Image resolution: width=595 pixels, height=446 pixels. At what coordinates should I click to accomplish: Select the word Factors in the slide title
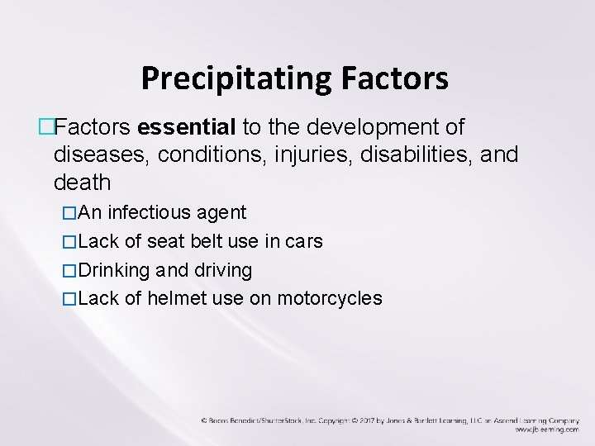point(394,78)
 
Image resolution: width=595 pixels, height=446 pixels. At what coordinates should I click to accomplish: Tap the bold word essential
point(188,128)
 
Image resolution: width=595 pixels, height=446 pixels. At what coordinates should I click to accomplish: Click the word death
point(82,181)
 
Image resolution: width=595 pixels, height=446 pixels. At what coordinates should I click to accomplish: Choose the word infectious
point(151,213)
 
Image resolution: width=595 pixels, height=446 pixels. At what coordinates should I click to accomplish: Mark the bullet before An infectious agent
point(69,213)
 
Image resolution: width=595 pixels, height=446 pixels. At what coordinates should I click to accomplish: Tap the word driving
point(222,271)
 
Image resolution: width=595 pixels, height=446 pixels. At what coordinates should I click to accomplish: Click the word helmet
point(177,299)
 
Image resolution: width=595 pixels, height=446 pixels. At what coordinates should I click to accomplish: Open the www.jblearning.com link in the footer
point(546,429)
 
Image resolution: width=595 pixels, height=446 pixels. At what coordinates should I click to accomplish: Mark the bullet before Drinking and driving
point(69,271)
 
